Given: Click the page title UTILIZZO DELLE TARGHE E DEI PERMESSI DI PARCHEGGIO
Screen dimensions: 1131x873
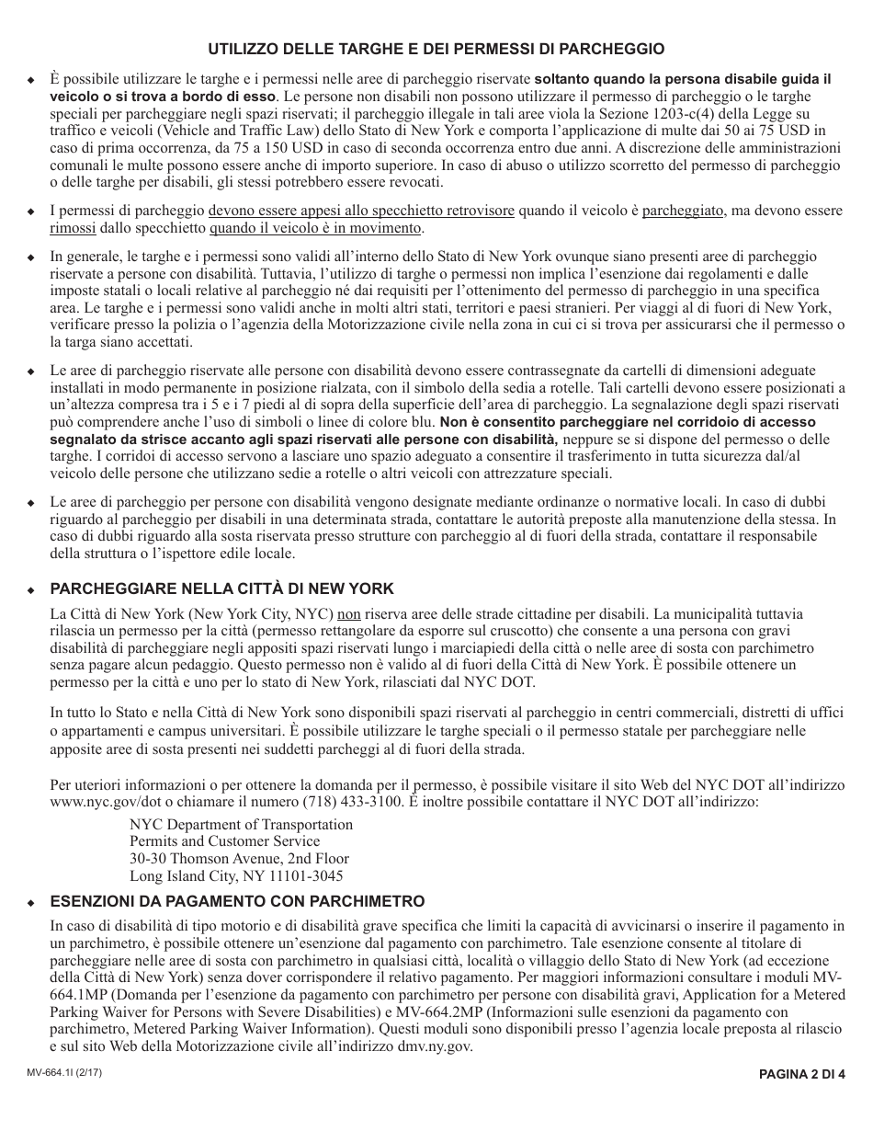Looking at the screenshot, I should (436, 48).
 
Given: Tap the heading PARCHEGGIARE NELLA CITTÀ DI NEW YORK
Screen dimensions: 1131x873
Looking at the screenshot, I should (221, 588).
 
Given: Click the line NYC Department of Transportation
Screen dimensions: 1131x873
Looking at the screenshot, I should (241, 824).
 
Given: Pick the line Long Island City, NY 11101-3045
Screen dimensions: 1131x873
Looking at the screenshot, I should (236, 876).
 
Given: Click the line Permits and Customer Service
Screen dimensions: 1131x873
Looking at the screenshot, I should (224, 841).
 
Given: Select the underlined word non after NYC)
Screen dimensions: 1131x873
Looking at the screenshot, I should (348, 612).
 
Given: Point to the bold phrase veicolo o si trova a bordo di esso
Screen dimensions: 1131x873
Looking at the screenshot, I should (162, 96).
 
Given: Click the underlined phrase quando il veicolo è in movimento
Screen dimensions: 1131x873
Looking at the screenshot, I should (315, 228).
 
